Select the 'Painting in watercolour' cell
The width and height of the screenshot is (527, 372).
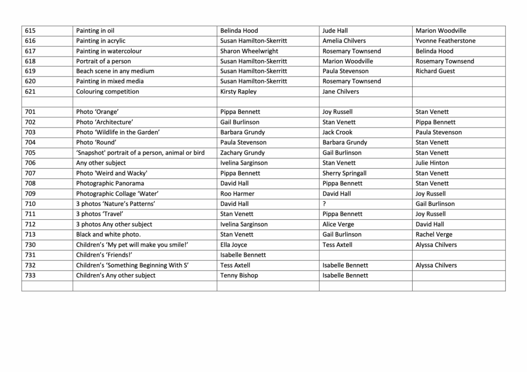click(x=109, y=51)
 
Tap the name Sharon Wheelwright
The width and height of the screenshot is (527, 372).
click(x=249, y=51)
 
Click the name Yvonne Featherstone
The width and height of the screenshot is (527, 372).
click(x=445, y=41)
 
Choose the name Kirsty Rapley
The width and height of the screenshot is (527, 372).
click(x=238, y=92)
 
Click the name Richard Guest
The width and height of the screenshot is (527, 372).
click(x=435, y=71)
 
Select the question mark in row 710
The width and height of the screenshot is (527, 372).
click(x=324, y=204)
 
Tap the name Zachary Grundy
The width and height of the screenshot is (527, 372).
click(x=242, y=153)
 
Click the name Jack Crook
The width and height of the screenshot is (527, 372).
click(x=338, y=132)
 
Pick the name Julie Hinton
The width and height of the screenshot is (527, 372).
click(x=432, y=163)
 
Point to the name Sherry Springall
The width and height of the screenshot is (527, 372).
click(x=344, y=173)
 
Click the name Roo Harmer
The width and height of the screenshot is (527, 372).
click(x=237, y=194)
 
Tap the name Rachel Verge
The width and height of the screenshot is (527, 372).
click(x=434, y=235)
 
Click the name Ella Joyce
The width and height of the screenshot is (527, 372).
click(x=234, y=245)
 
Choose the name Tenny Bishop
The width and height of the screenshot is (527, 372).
click(x=239, y=275)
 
